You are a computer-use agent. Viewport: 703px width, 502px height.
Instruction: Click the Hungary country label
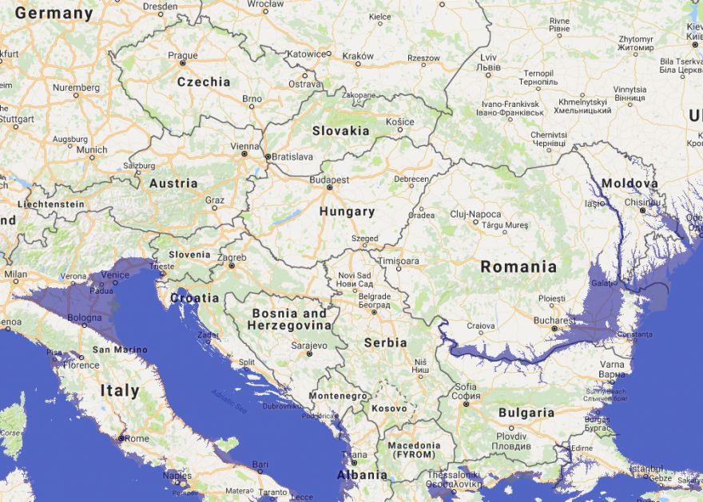347,211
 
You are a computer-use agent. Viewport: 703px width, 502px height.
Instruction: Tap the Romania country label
518,267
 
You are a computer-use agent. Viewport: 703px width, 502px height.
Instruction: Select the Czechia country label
204,81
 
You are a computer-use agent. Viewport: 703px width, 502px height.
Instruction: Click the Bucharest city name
554,320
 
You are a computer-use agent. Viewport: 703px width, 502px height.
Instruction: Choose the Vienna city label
244,146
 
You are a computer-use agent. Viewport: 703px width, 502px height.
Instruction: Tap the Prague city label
183,55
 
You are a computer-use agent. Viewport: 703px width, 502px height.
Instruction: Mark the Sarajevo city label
309,346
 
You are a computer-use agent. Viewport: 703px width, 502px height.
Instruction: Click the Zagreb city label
232,258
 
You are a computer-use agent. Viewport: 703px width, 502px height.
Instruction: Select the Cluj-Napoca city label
475,214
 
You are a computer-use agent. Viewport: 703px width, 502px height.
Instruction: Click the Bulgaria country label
526,413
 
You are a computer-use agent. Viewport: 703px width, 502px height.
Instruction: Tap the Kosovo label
389,408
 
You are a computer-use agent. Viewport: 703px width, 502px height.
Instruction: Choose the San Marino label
120,350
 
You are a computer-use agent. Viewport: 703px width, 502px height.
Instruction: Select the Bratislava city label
292,157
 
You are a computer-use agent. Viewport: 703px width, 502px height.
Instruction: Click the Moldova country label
630,184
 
